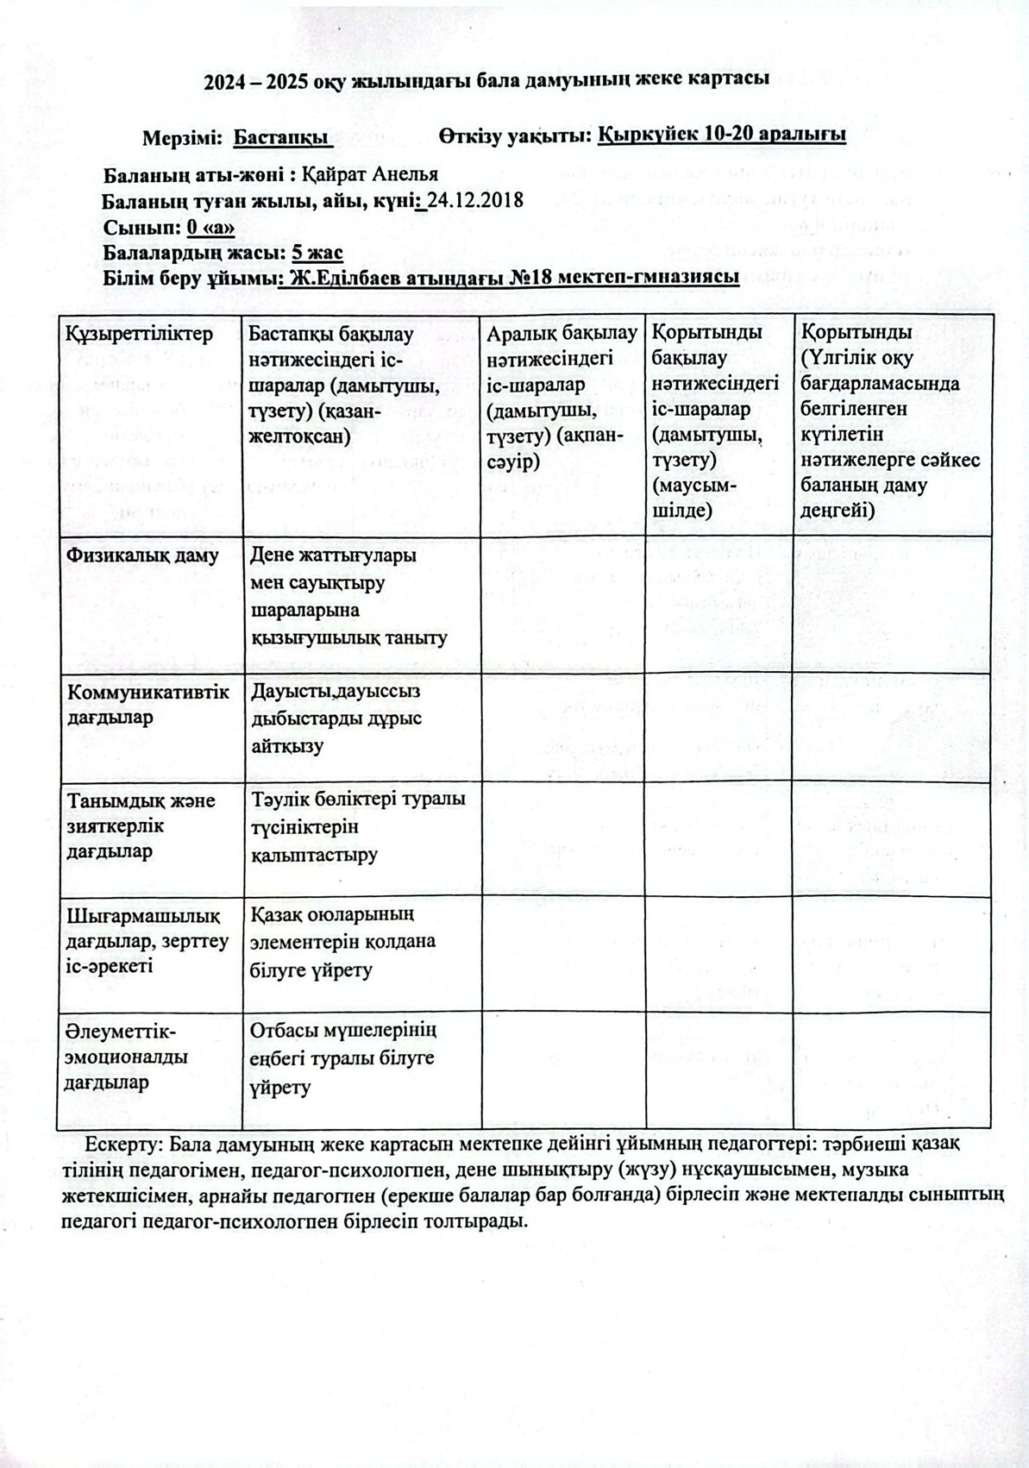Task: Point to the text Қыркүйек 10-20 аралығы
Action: pyautogui.click(x=721, y=135)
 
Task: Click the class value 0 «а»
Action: pyautogui.click(x=210, y=227)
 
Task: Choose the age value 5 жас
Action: pyautogui.click(x=317, y=253)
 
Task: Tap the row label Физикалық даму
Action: pyautogui.click(x=142, y=555)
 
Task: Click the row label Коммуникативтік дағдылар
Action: pyautogui.click(x=147, y=705)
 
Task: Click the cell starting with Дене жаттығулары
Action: pyautogui.click(x=348, y=596)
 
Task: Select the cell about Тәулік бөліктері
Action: pyautogui.click(x=357, y=827)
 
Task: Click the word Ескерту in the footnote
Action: pyautogui.click(x=118, y=1144)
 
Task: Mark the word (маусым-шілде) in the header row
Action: pyautogui.click(x=694, y=497)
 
